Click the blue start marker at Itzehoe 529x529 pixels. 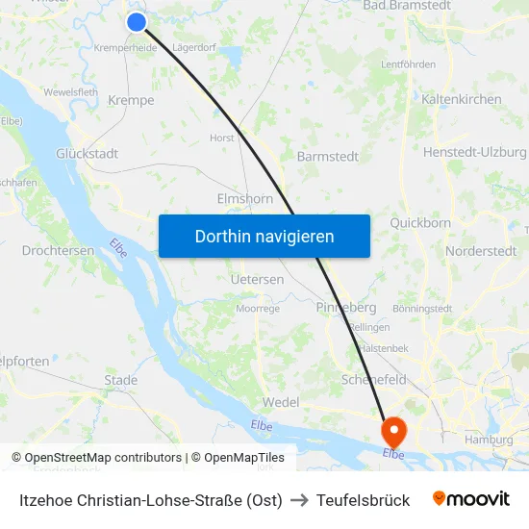pos(137,22)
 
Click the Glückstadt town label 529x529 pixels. pos(87,154)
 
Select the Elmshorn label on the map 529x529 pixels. pos(245,200)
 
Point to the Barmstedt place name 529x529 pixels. pos(328,156)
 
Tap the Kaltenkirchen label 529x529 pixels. pos(462,99)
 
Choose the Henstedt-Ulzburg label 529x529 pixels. pos(475,152)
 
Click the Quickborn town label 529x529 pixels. pos(420,223)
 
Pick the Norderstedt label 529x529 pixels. pos(481,251)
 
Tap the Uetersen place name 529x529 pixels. pos(258,280)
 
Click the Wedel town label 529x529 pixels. pos(281,402)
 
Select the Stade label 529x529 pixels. pos(121,380)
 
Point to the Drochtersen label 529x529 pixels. pos(58,250)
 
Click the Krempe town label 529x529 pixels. pos(131,100)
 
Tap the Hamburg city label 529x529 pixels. pos(489,440)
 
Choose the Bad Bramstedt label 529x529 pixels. pos(407,6)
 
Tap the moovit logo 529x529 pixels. pos(471,499)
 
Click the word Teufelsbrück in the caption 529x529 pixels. pos(363,500)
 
